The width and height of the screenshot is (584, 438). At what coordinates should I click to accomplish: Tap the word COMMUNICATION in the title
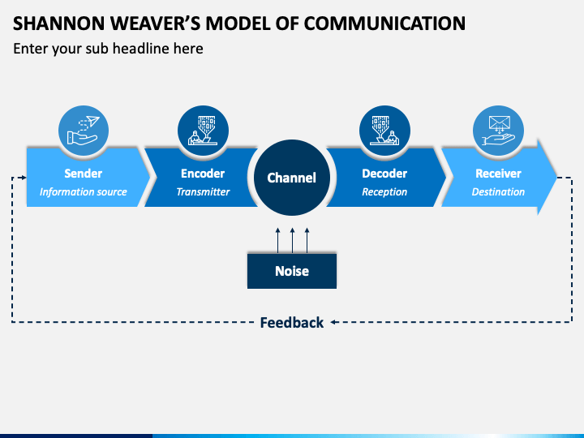click(x=384, y=24)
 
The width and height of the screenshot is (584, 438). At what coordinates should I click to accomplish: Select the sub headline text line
click(x=108, y=49)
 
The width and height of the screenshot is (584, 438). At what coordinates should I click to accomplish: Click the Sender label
click(x=83, y=174)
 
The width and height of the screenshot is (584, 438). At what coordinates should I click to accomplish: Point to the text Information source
click(x=83, y=191)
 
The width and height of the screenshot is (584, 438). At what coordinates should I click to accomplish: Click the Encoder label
click(x=203, y=174)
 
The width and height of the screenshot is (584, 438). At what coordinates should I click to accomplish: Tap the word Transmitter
click(x=203, y=191)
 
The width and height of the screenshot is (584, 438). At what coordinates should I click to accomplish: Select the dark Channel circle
click(x=292, y=178)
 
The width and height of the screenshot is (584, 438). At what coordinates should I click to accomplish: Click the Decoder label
click(x=384, y=174)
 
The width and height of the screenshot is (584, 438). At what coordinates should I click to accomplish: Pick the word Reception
click(x=384, y=191)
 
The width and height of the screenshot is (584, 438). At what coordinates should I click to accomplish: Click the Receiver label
click(x=498, y=174)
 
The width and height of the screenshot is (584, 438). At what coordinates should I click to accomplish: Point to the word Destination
click(x=498, y=191)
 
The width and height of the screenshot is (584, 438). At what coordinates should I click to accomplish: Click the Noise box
click(x=292, y=271)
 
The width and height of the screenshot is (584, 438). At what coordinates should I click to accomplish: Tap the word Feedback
click(x=292, y=323)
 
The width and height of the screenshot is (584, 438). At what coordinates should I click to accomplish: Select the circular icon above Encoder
click(x=203, y=131)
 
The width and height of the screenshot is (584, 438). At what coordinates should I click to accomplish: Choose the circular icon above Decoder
click(x=384, y=131)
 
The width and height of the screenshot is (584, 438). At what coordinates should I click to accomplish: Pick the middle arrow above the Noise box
click(x=292, y=241)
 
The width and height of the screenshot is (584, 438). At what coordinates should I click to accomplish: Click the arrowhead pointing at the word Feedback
click(x=333, y=322)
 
